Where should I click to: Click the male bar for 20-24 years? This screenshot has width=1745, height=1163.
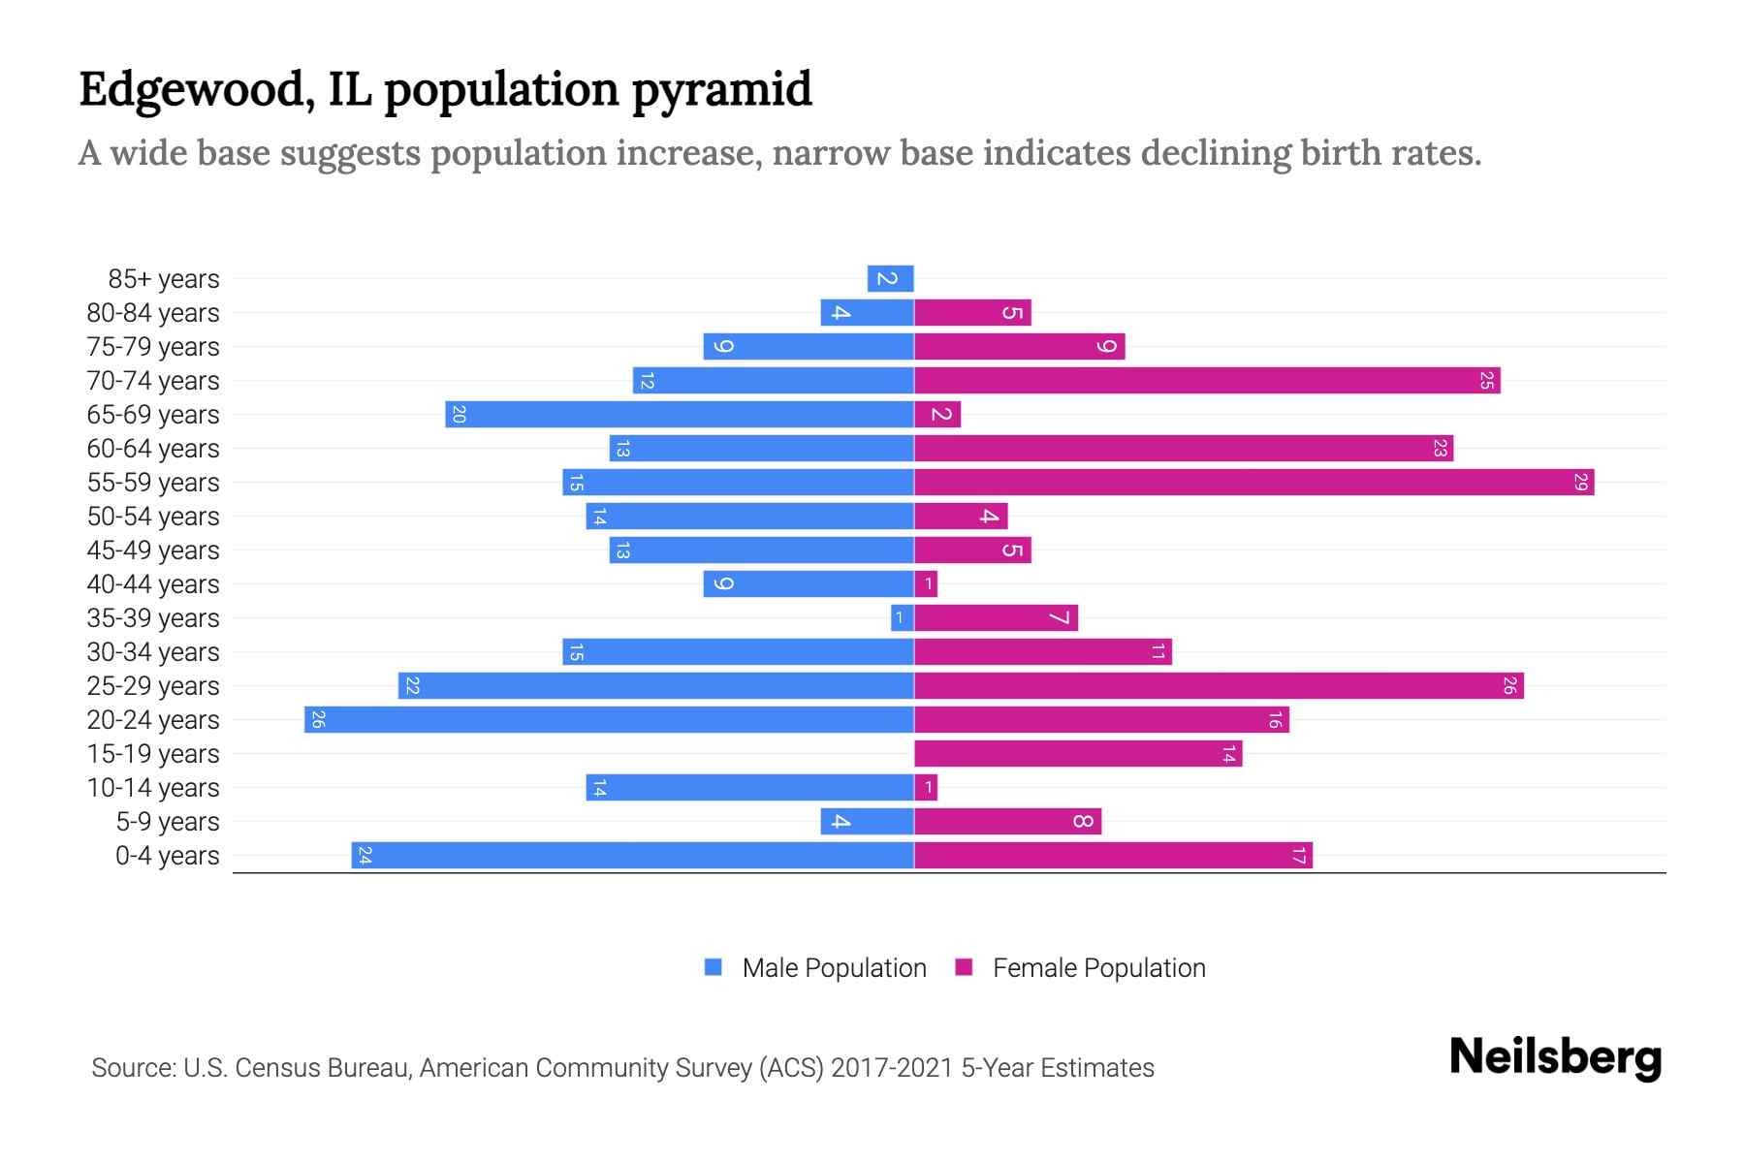(609, 719)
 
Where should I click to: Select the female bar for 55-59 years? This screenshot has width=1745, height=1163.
(1253, 482)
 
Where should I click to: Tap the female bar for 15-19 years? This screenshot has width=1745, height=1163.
(1078, 753)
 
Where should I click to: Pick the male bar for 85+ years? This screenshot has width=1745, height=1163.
(890, 278)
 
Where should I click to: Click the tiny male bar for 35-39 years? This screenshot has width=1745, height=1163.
(902, 617)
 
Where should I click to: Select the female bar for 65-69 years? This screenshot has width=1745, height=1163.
(937, 414)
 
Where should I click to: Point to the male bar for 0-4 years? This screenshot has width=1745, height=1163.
(632, 855)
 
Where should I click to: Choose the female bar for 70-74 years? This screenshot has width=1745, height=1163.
(1207, 380)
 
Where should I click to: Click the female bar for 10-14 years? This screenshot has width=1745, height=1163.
(926, 787)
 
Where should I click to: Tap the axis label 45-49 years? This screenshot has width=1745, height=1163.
(153, 550)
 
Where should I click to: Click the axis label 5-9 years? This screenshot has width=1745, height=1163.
(168, 822)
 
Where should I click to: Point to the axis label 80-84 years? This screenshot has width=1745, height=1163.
(153, 313)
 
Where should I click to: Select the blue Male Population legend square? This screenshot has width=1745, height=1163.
(714, 967)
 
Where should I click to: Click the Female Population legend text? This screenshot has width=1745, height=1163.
(1098, 968)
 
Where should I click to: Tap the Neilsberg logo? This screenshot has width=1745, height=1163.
(1555, 1057)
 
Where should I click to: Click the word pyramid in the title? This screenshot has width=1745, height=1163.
(722, 90)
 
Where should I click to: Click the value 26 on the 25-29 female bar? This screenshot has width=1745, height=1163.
(1509, 685)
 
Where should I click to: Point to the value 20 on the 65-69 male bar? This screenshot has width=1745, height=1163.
(460, 414)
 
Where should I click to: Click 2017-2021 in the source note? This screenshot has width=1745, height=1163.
(892, 1068)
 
